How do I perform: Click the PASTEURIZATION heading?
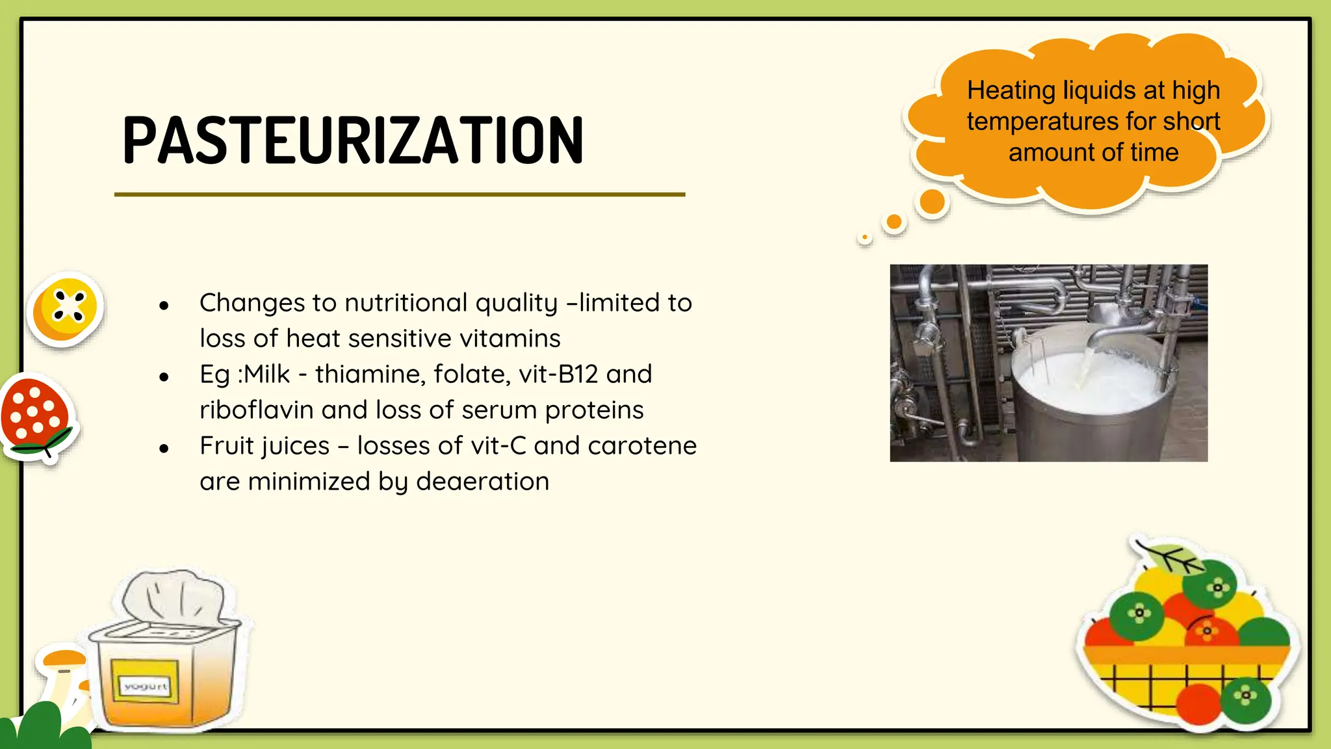click(x=353, y=140)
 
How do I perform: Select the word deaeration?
click(x=482, y=482)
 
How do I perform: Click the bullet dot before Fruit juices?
click(x=164, y=448)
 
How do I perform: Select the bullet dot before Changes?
click(x=164, y=305)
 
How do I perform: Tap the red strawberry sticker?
click(x=36, y=414)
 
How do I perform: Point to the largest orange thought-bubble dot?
click(x=933, y=202)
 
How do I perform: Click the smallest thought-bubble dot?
click(x=864, y=237)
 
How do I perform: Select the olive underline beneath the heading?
click(x=400, y=194)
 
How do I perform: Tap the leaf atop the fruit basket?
click(x=1170, y=557)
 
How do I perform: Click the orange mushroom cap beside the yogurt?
click(x=63, y=657)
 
